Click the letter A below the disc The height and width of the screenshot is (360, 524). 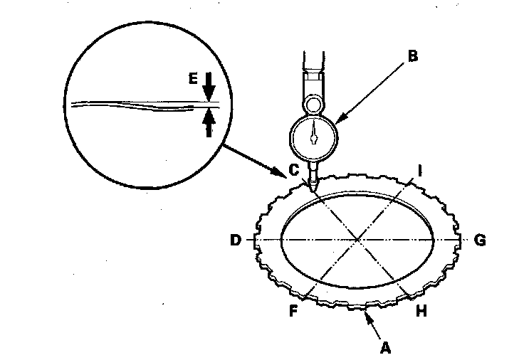point(385,348)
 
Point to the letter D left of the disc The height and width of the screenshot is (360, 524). point(236,240)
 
